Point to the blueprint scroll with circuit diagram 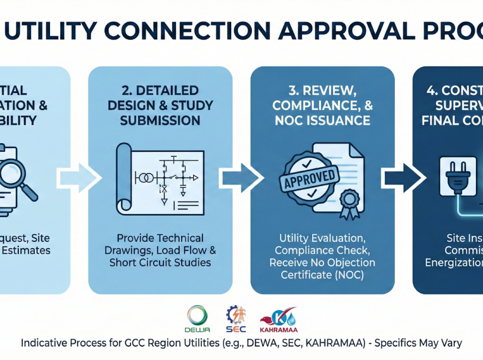pyautogui.click(x=160, y=179)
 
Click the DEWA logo pyautogui.click(x=197, y=319)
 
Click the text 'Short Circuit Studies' pyautogui.click(x=160, y=263)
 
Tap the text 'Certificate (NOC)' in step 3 pyautogui.click(x=322, y=274)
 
